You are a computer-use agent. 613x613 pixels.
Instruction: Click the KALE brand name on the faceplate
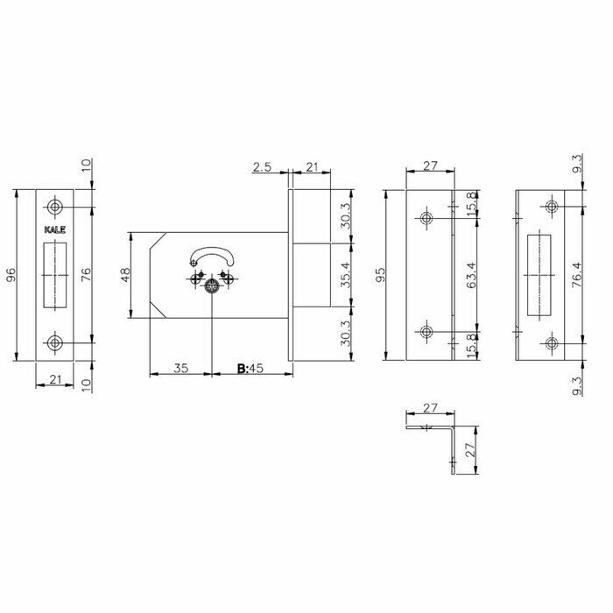(x=53, y=230)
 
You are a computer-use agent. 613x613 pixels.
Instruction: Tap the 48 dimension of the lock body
(x=125, y=275)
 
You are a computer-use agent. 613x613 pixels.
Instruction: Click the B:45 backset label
(x=251, y=369)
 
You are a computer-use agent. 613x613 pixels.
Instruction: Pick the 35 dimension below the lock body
(x=180, y=369)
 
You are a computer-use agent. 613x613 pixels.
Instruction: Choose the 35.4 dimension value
(x=345, y=275)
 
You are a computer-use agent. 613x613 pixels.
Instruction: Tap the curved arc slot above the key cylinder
(x=211, y=255)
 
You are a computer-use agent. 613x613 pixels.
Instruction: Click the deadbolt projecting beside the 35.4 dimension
(x=311, y=275)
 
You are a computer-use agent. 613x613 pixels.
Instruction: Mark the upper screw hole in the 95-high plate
(x=426, y=217)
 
